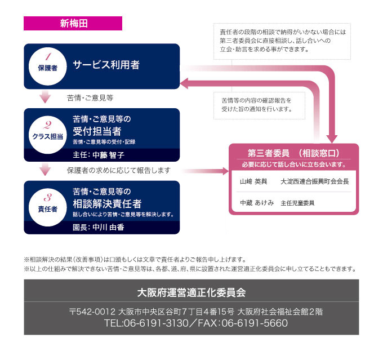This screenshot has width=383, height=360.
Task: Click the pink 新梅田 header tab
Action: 73,24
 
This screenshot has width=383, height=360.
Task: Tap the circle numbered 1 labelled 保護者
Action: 47,66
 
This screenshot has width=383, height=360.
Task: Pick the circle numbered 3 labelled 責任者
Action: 47,203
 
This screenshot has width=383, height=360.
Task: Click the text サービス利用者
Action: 106,64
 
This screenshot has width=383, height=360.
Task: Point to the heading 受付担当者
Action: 97,131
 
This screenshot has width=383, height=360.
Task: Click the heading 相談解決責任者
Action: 107,203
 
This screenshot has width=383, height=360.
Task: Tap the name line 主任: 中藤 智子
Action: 99,154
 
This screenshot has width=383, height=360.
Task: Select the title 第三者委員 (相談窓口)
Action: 293,153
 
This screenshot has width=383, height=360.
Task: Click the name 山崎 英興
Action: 253,181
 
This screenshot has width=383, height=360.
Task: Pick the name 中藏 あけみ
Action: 256,202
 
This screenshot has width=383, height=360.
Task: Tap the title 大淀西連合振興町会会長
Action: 315,181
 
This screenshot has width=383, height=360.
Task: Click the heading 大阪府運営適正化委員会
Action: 191,292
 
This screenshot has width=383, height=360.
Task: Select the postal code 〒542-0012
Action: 92,312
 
